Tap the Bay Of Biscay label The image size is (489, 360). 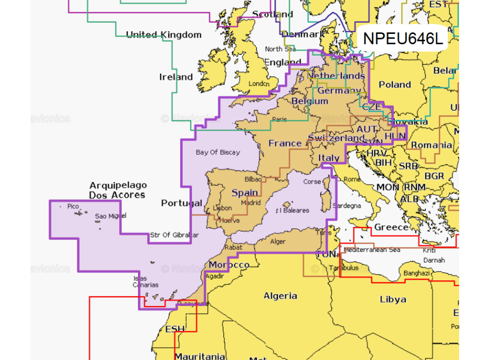point(218,152)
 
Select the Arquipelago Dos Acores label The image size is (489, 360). point(118,190)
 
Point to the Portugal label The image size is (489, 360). point(182,203)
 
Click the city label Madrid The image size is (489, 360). point(251,203)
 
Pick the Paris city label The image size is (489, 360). point(279,119)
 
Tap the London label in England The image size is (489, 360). point(259,84)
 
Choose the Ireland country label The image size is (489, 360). point(176,77)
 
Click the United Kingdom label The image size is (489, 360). point(164,35)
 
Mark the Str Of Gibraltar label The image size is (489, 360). point(174,236)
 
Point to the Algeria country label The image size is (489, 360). point(281,296)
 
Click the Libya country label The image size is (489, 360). point(393,299)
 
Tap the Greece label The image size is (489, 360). point(391,227)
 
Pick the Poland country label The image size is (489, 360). point(395,85)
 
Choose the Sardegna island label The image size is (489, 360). point(347,206)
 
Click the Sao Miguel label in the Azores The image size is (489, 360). point(110,217)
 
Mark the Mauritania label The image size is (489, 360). point(200,356)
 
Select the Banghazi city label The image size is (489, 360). point(417,273)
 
